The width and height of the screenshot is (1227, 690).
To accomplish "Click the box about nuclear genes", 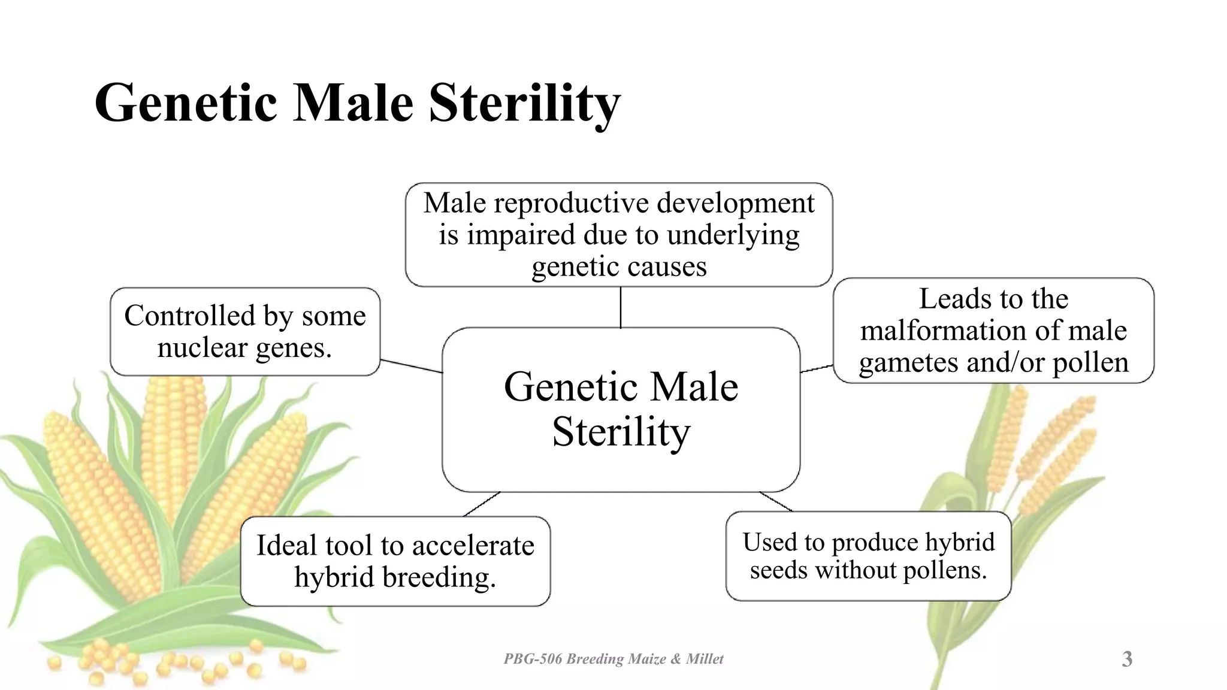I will (x=244, y=331).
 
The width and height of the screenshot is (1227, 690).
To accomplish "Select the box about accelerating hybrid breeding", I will (x=395, y=561).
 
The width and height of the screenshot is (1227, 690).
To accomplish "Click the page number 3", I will (x=1127, y=659).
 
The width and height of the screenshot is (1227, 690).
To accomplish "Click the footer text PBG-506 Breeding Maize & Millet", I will (x=613, y=659).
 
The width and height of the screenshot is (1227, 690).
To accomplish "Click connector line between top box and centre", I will (x=621, y=307).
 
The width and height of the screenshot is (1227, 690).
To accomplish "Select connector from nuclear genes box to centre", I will (x=411, y=366).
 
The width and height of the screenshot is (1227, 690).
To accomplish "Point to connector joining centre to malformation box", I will (x=817, y=368).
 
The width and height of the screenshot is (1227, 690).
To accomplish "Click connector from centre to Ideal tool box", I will (x=482, y=504).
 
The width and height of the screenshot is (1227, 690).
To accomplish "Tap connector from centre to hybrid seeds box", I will (x=776, y=502).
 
